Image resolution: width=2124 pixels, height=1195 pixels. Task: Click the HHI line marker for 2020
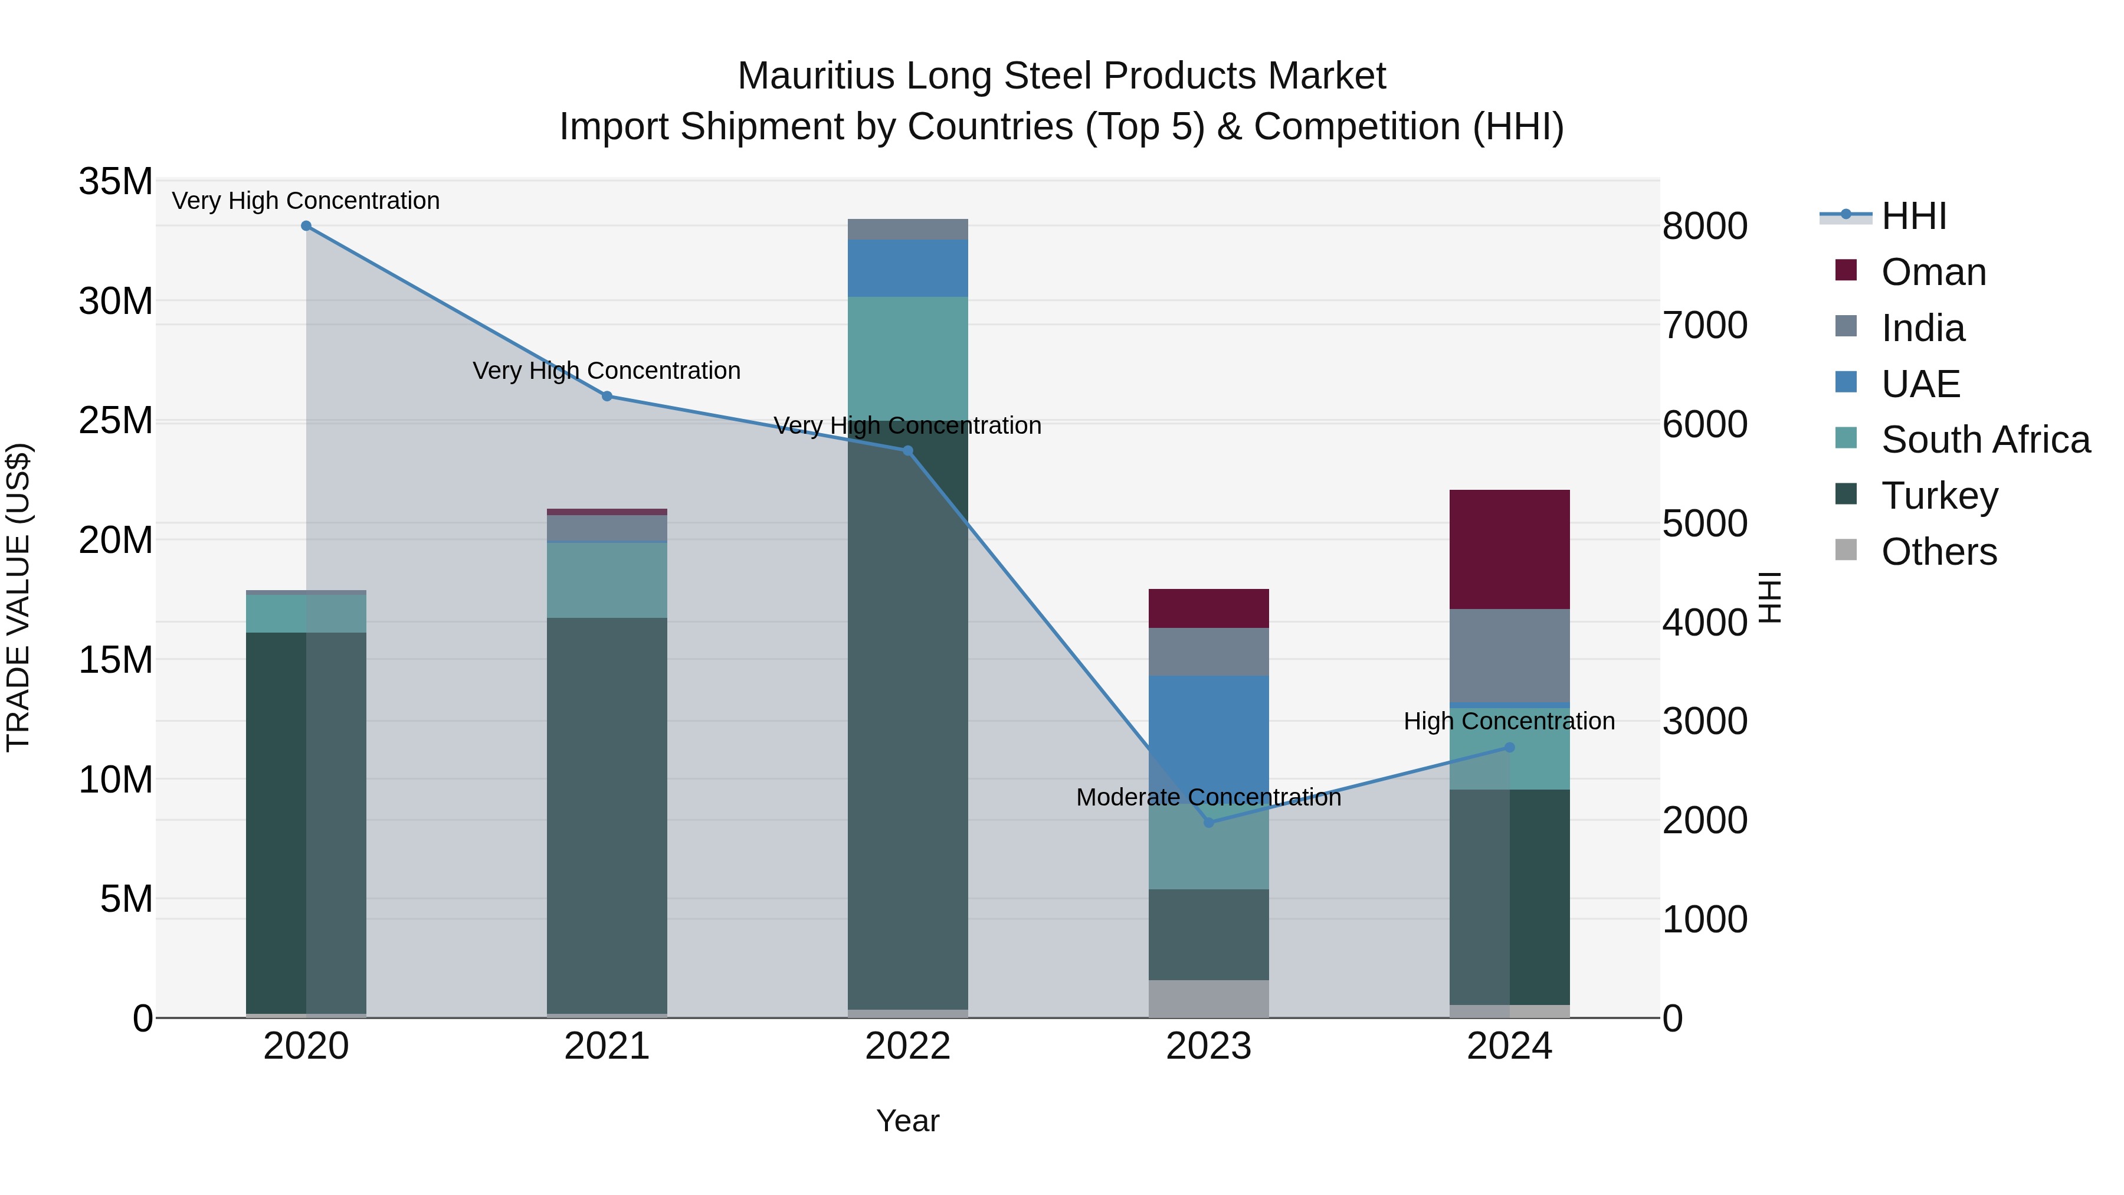pos(306,226)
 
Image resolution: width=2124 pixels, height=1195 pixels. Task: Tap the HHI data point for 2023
pos(1209,822)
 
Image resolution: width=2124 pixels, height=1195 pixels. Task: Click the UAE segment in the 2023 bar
pos(1209,734)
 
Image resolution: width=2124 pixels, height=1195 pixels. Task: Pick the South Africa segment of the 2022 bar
pos(908,358)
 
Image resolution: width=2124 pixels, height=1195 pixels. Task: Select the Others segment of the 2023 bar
pos(1209,998)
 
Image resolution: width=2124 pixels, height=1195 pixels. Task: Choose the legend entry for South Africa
pos(1985,440)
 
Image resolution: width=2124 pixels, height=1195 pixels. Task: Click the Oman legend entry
pos(1933,272)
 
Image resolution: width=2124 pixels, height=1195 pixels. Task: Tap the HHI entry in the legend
pos(1913,216)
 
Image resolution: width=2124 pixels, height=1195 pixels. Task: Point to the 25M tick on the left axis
pos(116,421)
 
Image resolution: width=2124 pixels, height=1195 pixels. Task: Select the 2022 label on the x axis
pos(908,1046)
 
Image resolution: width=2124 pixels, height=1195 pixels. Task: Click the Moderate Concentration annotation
pos(1209,797)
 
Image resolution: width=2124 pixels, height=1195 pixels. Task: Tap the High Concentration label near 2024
pos(1509,721)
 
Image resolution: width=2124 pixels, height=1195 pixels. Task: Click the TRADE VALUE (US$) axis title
pos(19,597)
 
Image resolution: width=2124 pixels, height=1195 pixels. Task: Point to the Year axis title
pos(908,1121)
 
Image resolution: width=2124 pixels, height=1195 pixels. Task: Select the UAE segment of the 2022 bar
pos(908,268)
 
